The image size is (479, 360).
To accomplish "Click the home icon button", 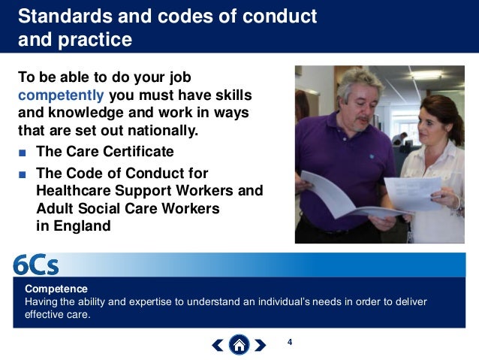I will pyautogui.click(x=239, y=345).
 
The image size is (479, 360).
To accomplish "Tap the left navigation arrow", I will pyautogui.click(x=217, y=345).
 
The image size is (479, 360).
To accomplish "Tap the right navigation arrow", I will pyautogui.click(x=260, y=345).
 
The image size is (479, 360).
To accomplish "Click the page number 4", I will pyautogui.click(x=289, y=343).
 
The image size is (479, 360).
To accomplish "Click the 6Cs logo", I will pyautogui.click(x=35, y=265).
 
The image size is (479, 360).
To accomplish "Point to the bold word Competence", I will pyautogui.click(x=56, y=289).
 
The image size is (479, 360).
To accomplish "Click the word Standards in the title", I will pyautogui.click(x=56, y=15).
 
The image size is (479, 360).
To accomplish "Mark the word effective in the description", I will pyautogui.click(x=44, y=315).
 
